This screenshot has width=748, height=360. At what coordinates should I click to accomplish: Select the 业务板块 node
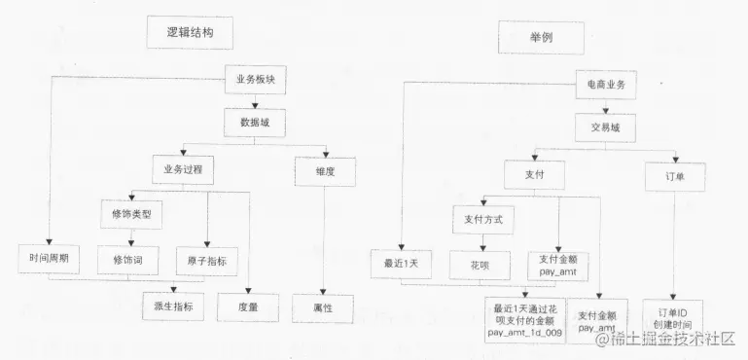click(256, 80)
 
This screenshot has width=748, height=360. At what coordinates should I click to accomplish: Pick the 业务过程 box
click(182, 170)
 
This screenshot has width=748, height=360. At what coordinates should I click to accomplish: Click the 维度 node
click(324, 170)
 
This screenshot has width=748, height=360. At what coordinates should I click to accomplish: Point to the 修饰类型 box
click(133, 213)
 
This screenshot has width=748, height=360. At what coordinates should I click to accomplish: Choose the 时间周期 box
click(49, 260)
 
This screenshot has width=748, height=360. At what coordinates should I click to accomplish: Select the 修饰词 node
click(128, 260)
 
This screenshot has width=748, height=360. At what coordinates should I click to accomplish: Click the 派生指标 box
click(173, 306)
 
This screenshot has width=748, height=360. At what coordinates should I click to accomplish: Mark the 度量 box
click(248, 306)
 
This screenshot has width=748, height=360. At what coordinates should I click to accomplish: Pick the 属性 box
click(324, 306)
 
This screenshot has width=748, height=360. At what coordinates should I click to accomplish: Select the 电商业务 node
click(606, 85)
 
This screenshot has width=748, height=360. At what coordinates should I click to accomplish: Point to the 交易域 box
click(605, 126)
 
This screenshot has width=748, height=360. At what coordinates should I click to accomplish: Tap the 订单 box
click(674, 176)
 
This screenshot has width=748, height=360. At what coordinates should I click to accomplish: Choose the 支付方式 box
click(483, 219)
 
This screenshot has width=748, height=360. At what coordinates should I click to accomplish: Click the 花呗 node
click(480, 264)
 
